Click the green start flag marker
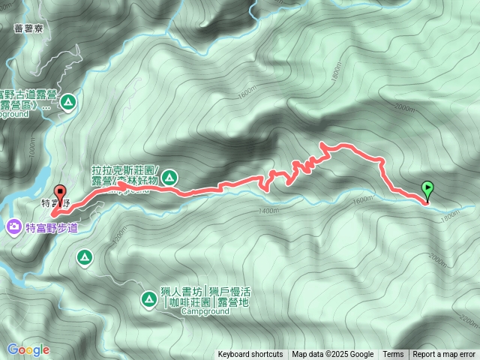click(427, 188)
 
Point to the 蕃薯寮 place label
click(28, 28)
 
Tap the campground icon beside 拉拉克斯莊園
click(169, 177)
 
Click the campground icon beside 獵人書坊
click(148, 300)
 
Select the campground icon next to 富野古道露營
click(69, 100)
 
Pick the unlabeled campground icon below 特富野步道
click(84, 258)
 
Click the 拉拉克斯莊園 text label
click(124, 171)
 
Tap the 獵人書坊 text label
click(181, 290)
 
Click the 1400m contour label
click(268, 211)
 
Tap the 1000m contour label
click(32, 151)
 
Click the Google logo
click(28, 349)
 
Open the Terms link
click(393, 355)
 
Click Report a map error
click(445, 355)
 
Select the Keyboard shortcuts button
click(250, 355)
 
